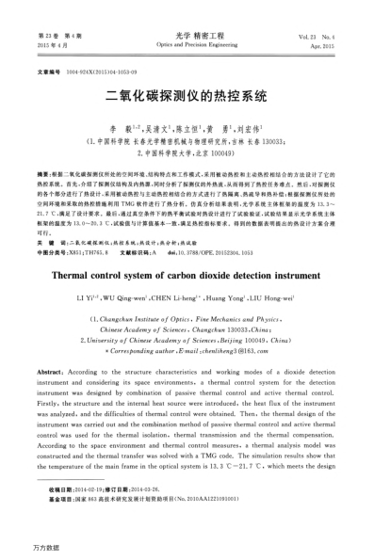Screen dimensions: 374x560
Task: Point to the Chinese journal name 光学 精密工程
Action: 187,34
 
